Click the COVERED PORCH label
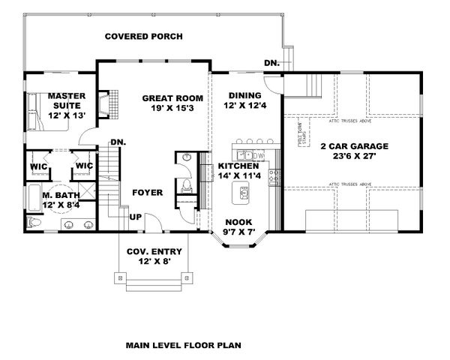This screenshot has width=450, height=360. point(143,36)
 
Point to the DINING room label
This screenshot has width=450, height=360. point(245,100)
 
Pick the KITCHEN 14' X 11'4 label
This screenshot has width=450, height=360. point(238,170)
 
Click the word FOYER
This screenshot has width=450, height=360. point(148,193)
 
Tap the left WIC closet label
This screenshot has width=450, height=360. point(40,166)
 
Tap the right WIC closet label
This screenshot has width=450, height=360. point(83,166)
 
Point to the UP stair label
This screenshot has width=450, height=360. point(136,217)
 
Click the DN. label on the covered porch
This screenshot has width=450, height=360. point(271,64)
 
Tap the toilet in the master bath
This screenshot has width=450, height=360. point(32,223)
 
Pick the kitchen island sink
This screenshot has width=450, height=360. point(244,194)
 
